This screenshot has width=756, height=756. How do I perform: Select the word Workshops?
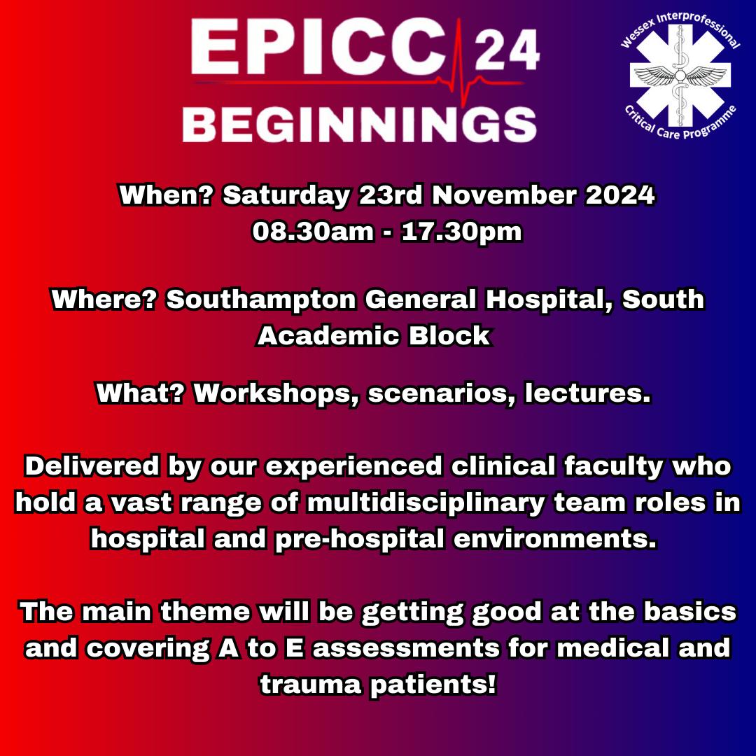tap(276, 393)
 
